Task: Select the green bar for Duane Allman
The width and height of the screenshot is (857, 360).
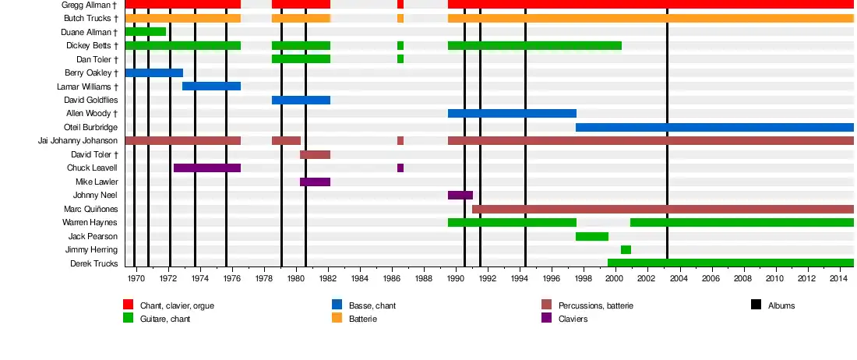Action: [145, 32]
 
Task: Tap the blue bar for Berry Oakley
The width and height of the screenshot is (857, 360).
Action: [153, 72]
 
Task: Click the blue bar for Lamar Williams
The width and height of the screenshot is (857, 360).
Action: [211, 86]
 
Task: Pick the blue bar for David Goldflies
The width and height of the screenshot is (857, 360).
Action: [301, 100]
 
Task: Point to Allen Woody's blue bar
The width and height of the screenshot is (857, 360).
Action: [512, 113]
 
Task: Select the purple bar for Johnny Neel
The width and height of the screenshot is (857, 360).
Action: [460, 195]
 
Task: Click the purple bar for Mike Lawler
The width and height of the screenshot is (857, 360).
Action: [315, 182]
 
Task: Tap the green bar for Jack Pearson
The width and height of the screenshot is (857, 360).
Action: [591, 236]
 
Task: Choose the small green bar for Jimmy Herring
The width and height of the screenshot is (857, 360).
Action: [626, 249]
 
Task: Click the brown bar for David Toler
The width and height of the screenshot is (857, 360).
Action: [315, 154]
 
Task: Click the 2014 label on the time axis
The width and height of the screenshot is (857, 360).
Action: [838, 278]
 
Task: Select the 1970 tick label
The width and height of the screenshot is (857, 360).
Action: [136, 278]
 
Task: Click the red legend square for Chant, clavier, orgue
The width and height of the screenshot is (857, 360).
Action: [129, 305]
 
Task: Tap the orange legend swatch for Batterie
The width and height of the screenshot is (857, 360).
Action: [337, 318]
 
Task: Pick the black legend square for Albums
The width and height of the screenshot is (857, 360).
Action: [756, 305]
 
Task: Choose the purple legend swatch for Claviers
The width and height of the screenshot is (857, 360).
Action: [546, 318]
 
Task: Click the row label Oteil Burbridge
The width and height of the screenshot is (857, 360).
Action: [90, 127]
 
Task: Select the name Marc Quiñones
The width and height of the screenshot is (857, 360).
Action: [90, 209]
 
